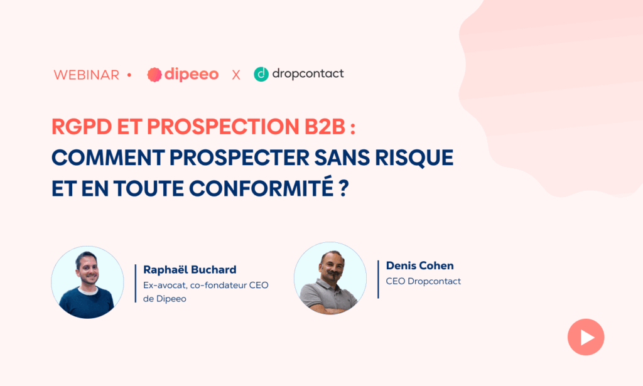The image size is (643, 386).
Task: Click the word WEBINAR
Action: tap(87, 75)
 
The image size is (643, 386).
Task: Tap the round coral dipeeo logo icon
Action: tap(154, 75)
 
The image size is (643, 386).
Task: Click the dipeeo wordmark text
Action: tap(192, 74)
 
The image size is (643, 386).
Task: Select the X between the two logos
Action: tap(236, 75)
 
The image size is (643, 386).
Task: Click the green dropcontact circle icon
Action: tap(261, 74)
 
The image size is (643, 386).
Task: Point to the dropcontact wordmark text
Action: tap(308, 74)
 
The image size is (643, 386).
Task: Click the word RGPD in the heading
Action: tap(82, 127)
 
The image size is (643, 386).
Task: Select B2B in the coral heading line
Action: tap(325, 127)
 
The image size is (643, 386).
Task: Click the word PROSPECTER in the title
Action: tap(239, 158)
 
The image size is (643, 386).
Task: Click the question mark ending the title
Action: tap(344, 188)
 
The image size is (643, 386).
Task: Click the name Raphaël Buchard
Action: tap(190, 270)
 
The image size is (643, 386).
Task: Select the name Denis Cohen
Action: tap(420, 265)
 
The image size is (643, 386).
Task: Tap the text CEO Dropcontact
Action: tap(423, 281)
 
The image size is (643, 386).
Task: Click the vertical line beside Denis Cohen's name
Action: tap(378, 279)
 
